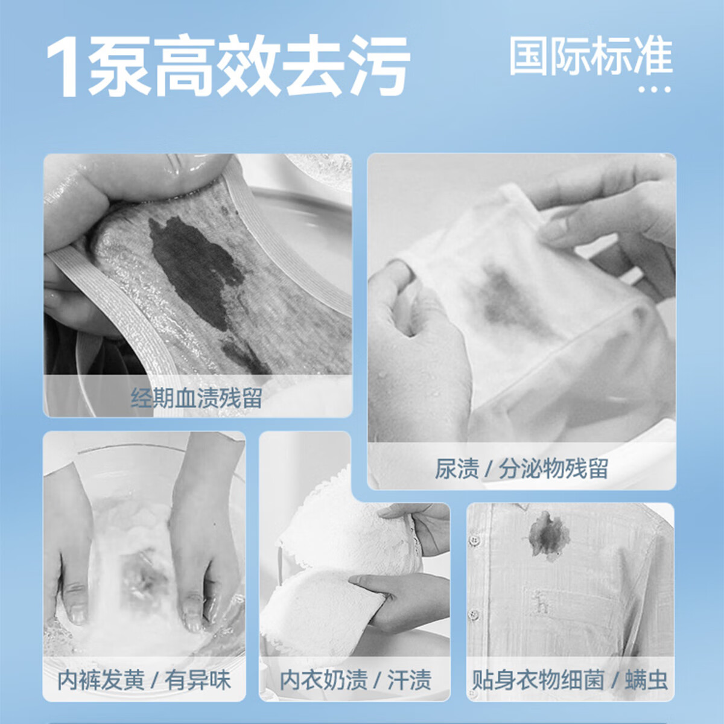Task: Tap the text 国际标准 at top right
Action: (x=591, y=57)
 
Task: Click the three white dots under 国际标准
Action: (x=655, y=90)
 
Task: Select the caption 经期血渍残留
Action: (x=197, y=398)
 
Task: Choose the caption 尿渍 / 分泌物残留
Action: (x=521, y=469)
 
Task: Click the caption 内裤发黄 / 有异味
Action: (x=144, y=680)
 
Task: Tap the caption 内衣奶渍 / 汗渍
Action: (x=355, y=680)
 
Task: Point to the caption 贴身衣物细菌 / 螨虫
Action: (x=570, y=680)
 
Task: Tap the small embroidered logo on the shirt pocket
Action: (x=542, y=602)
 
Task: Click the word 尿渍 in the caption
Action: (x=457, y=469)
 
